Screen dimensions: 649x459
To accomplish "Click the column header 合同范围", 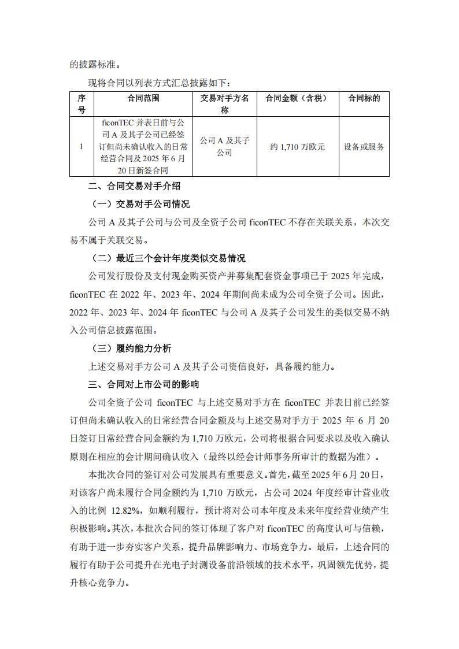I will [143, 98].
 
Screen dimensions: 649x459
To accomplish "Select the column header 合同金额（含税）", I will [296, 98].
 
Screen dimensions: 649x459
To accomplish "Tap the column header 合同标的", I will [364, 98].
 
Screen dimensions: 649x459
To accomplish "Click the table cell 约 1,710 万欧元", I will [297, 147].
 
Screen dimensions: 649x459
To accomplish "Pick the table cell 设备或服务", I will [364, 147].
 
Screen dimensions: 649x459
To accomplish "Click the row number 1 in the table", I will [82, 147].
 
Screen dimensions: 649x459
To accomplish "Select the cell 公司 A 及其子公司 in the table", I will [224, 147].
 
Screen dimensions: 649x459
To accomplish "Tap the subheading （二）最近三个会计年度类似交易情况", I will [168, 258].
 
